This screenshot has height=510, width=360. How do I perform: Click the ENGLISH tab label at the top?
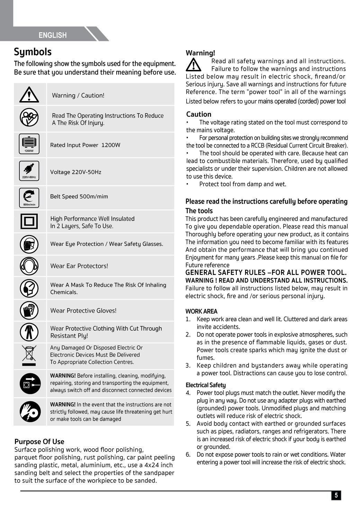pyautogui.click(x=53, y=35)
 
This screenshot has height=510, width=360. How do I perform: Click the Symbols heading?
pyautogui.click(x=33, y=52)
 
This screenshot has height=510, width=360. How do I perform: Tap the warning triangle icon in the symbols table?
pyautogui.click(x=29, y=95)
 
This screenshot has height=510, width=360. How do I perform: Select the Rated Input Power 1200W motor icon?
pyautogui.click(x=29, y=144)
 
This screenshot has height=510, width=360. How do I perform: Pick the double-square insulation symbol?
pyautogui.click(x=29, y=221)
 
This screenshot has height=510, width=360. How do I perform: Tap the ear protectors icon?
pyautogui.click(x=29, y=266)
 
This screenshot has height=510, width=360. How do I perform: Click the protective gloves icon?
pyautogui.click(x=29, y=310)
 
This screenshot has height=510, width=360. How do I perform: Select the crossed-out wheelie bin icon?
pyautogui.click(x=29, y=355)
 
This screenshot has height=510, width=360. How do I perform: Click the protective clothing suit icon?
pyautogui.click(x=29, y=332)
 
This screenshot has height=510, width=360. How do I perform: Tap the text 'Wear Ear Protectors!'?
pyautogui.click(x=79, y=266)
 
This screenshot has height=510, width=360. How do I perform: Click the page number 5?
pyautogui.click(x=336, y=495)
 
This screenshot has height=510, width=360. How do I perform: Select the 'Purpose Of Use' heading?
pyautogui.click(x=39, y=441)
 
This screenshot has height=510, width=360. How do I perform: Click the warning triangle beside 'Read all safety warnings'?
pyautogui.click(x=194, y=65)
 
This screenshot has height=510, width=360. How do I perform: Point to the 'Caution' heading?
pyautogui.click(x=199, y=114)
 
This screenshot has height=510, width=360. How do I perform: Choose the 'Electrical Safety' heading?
pyautogui.click(x=206, y=385)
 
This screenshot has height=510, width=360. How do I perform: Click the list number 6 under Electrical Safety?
pyautogui.click(x=188, y=455)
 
